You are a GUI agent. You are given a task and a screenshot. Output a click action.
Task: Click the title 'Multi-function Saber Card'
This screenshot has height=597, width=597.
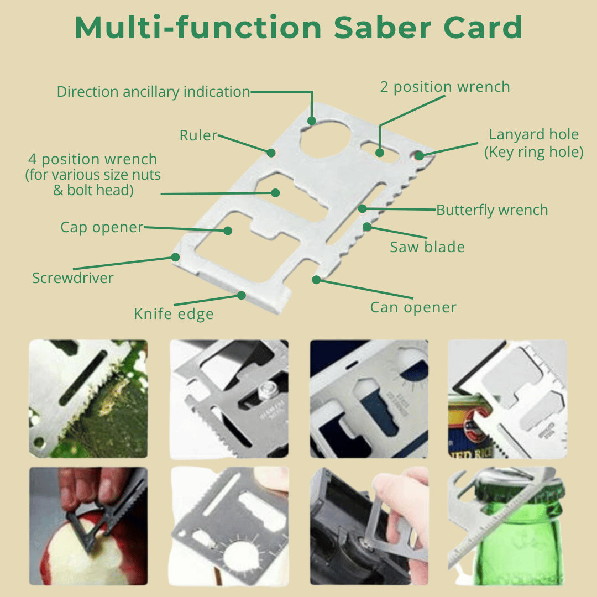click(298, 27)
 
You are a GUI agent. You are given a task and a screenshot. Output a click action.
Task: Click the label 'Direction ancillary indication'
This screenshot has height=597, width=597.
click(154, 92)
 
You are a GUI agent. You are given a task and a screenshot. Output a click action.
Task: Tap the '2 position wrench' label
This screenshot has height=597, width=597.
click(444, 87)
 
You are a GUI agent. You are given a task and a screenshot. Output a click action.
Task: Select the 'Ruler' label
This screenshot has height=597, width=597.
click(198, 135)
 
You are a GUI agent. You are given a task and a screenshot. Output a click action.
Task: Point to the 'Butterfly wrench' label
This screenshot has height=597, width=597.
click(492, 210)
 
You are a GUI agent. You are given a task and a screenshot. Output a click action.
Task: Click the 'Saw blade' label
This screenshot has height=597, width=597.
click(427, 247)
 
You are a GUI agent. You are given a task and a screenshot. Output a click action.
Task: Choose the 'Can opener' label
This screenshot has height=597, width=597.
click(413, 307)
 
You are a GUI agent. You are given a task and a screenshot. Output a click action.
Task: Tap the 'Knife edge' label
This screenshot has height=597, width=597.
click(174, 314)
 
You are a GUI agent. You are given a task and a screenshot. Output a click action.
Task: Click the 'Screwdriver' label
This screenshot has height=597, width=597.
click(73, 278)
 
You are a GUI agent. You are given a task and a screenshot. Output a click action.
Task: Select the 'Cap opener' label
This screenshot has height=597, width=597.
click(102, 227)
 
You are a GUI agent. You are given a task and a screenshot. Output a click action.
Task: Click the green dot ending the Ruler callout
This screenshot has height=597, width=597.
click(271, 153)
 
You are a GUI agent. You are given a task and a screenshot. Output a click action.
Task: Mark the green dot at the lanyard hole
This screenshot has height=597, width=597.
click(419, 155)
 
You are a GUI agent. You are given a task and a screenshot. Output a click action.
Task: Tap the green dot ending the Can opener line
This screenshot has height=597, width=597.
click(316, 280)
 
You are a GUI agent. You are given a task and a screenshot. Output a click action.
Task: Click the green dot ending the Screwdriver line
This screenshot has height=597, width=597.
click(175, 257)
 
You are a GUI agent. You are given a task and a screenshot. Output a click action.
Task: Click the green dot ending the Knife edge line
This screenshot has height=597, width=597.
click(242, 295)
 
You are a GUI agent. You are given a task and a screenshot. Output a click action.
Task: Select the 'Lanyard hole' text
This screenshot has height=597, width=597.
click(534, 134)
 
